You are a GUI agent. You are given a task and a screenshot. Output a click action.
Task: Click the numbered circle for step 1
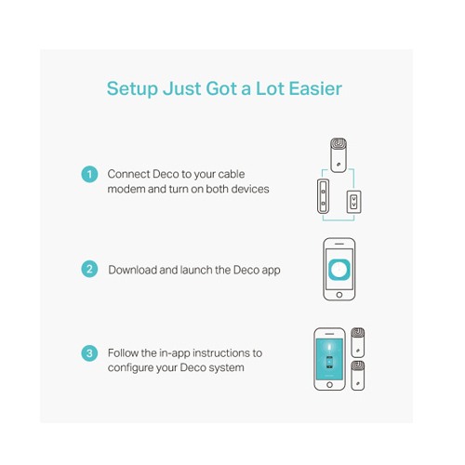point(89,174)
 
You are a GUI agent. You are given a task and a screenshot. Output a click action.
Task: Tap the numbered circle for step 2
point(89,269)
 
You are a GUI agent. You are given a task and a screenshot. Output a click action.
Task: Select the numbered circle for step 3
point(89,353)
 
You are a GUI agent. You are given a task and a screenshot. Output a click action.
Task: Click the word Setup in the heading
point(132,89)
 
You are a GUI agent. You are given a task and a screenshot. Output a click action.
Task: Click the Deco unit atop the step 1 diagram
point(339,155)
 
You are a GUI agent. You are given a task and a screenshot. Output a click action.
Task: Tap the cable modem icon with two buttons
point(323,196)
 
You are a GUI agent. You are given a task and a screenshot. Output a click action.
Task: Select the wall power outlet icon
point(353,202)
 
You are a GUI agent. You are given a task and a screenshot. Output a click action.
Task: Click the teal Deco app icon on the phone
point(339,269)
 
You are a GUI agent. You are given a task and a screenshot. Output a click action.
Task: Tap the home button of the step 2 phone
point(339,295)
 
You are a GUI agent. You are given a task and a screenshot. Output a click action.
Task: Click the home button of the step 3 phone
point(329,385)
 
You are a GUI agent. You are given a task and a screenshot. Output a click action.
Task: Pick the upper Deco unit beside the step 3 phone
point(358,342)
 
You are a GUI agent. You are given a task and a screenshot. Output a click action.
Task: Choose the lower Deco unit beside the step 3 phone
point(358,376)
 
